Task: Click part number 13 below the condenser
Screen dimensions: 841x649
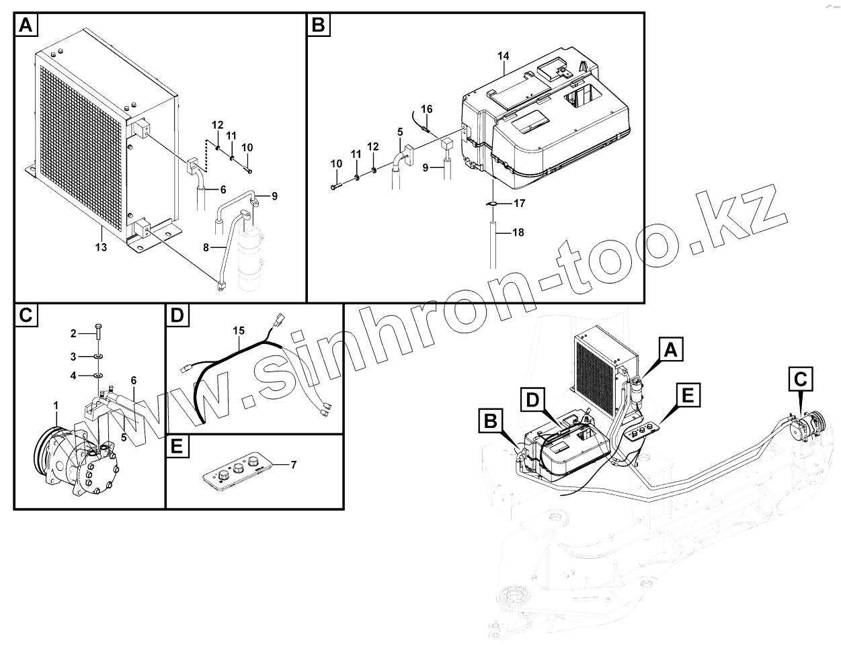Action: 101,248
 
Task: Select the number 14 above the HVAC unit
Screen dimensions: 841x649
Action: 504,55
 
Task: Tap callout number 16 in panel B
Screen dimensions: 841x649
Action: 426,109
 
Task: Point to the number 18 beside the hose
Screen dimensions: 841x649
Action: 517,233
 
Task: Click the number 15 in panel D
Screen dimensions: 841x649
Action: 239,330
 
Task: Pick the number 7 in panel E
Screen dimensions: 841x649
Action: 293,465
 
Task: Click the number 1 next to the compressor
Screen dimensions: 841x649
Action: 56,405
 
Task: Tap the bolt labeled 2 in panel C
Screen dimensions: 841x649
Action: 99,332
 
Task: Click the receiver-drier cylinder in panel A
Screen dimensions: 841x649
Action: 252,259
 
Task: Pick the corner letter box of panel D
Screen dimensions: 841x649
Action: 176,315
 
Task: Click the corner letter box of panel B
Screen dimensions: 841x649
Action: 318,25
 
